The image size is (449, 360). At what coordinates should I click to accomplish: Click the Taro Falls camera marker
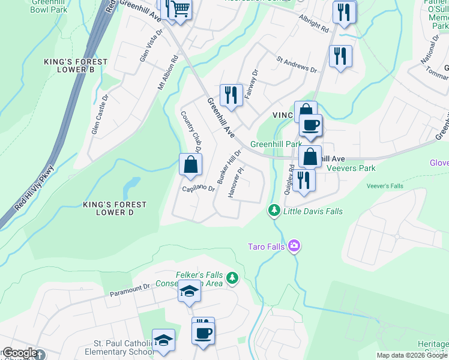coord(294,246)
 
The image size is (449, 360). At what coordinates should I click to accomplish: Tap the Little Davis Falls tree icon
coord(274,210)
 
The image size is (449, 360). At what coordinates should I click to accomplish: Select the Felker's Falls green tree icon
coord(232,278)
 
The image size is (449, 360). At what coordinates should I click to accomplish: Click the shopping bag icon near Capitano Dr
coord(190,164)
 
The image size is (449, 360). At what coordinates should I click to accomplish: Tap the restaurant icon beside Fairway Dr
coord(230,94)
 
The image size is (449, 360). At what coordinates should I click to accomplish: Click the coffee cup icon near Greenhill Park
coord(310,125)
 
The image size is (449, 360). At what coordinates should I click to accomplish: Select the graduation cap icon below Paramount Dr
coord(189,292)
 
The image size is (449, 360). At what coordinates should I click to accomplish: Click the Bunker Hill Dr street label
coord(233,167)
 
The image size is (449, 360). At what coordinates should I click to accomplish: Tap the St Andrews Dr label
coord(296,64)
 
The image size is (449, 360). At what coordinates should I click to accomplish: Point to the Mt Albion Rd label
coord(168,74)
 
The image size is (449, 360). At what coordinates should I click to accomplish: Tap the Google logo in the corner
coord(19,353)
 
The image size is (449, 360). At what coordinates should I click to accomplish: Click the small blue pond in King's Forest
coord(131,187)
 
